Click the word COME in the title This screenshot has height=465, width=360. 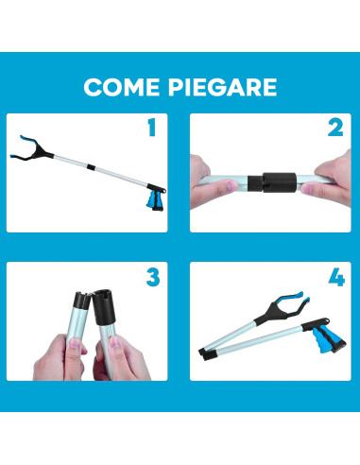(121, 87)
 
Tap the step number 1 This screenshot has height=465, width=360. (150, 128)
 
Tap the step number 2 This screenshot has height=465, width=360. (334, 128)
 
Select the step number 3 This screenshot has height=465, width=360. (152, 277)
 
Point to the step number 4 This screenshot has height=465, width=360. (334, 278)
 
